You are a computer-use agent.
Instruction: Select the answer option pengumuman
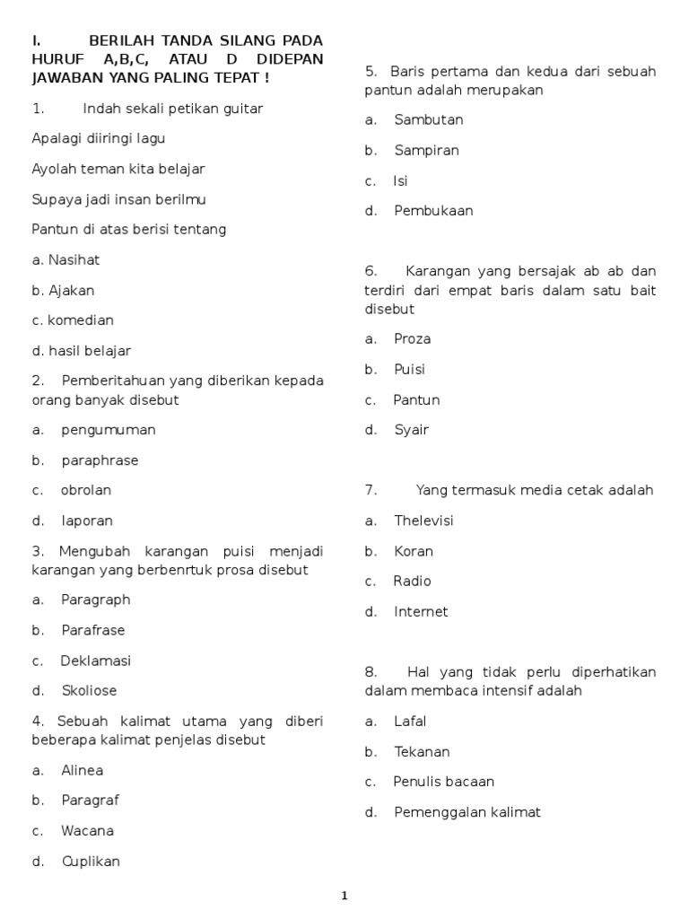(x=108, y=430)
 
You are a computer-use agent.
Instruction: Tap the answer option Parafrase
(x=92, y=630)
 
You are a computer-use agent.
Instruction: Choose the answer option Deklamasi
(x=95, y=661)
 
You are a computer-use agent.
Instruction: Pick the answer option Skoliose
(x=89, y=690)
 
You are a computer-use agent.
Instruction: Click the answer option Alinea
(x=82, y=770)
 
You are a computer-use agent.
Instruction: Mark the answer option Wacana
(x=87, y=831)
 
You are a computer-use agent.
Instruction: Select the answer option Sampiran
(x=426, y=150)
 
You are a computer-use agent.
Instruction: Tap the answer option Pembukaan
(x=433, y=211)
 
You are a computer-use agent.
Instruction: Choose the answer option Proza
(x=412, y=338)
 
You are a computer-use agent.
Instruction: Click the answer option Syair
(x=411, y=430)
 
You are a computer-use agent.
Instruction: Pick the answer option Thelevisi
(x=423, y=521)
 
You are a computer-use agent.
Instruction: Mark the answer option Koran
(x=413, y=551)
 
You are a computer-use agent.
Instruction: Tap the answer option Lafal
(x=410, y=721)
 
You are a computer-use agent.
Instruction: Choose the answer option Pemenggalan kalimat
(x=467, y=812)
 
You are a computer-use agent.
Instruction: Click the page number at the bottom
(x=344, y=895)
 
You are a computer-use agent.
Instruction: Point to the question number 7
(x=370, y=490)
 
